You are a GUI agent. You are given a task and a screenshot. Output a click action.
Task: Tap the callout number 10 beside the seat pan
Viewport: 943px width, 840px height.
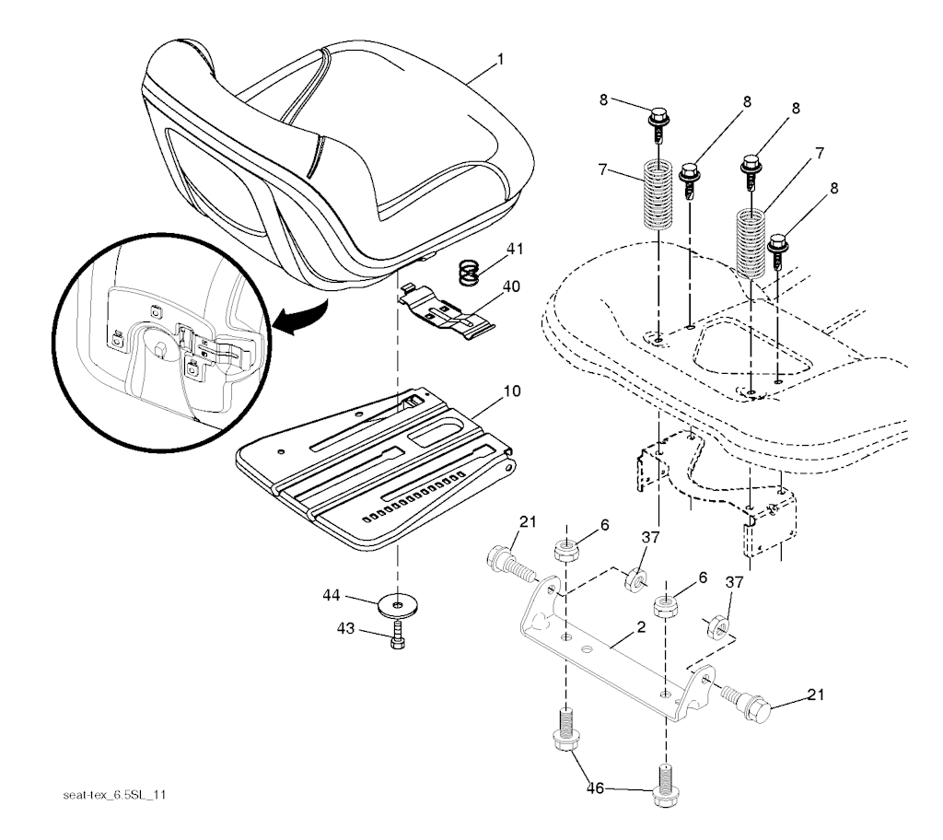511,391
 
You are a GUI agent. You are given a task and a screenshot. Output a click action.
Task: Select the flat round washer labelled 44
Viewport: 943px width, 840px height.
397,606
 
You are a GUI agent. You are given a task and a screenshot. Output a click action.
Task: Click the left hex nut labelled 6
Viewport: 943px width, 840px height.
565,552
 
